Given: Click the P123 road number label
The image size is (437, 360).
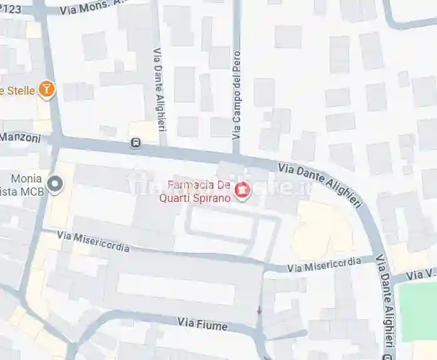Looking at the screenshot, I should click(14, 8).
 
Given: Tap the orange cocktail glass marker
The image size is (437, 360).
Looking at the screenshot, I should click(46, 90).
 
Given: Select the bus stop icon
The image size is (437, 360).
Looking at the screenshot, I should click(136, 143).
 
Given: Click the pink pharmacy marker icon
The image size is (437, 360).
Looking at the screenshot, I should click(241, 189).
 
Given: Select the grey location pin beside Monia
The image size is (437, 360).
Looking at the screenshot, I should click(56, 184).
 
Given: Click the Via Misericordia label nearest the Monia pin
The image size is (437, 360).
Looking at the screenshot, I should click(93, 241).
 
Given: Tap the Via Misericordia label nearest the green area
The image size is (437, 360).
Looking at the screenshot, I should click(324, 265).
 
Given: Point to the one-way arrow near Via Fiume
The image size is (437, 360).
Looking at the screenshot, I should click(258, 311).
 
